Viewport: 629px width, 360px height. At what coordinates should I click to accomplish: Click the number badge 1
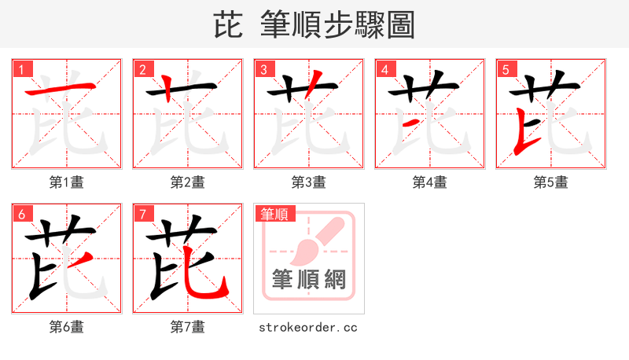[x=21, y=69]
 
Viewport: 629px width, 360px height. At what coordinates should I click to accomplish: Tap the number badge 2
[x=142, y=69]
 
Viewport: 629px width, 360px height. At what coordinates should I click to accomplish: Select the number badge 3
[x=263, y=69]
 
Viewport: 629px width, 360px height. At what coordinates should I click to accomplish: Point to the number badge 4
[x=384, y=69]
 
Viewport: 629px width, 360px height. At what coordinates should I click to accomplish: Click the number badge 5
[x=506, y=69]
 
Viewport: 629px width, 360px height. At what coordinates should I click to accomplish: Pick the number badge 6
[x=21, y=214]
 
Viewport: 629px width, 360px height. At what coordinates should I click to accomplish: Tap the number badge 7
[x=142, y=214]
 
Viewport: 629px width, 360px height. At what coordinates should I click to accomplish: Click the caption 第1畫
[x=67, y=182]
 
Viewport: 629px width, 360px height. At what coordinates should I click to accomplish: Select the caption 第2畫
[x=188, y=182]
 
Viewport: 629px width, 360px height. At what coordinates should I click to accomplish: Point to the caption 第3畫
[x=309, y=182]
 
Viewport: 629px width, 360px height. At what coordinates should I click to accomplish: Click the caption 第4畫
[x=430, y=182]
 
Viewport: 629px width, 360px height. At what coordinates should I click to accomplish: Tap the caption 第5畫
[x=551, y=182]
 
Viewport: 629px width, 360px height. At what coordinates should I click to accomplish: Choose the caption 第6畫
[x=67, y=327]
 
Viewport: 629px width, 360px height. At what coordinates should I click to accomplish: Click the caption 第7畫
[x=188, y=327]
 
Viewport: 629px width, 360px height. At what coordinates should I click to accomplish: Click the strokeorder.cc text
[x=309, y=327]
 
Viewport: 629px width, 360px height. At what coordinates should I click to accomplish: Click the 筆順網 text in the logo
[x=309, y=280]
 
